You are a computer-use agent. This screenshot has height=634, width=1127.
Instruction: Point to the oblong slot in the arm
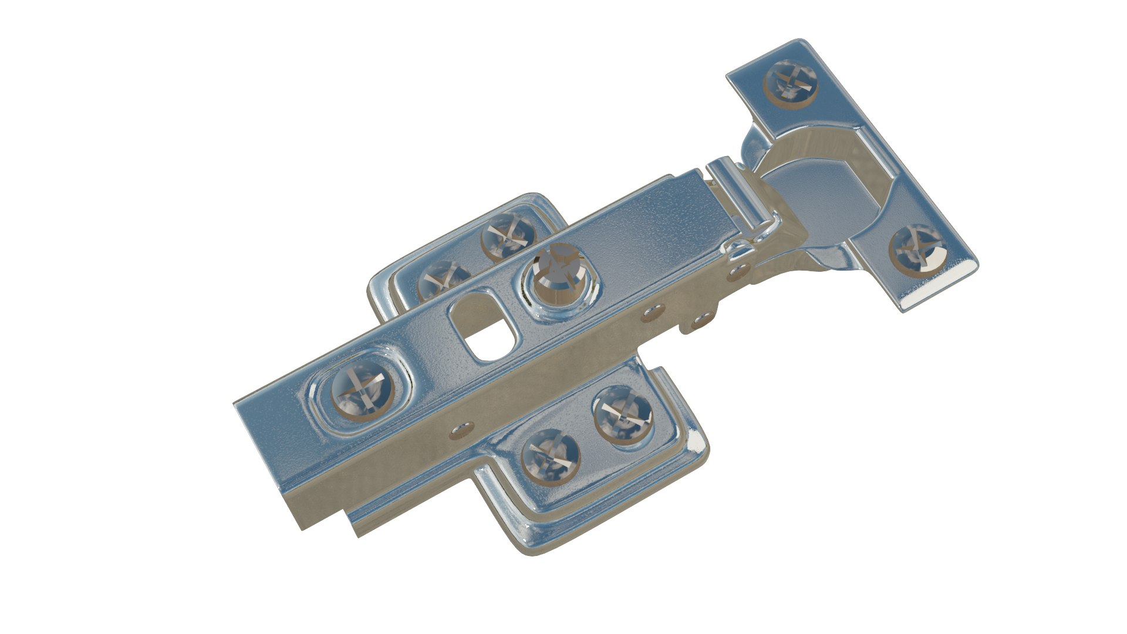point(482,324)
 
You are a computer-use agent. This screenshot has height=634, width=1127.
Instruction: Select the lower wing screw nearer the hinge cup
point(622,414)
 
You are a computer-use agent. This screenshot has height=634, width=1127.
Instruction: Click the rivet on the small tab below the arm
point(700,321)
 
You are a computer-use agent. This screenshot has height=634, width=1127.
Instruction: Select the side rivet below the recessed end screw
point(460,430)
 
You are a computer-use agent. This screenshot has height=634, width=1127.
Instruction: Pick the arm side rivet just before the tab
point(650,313)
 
